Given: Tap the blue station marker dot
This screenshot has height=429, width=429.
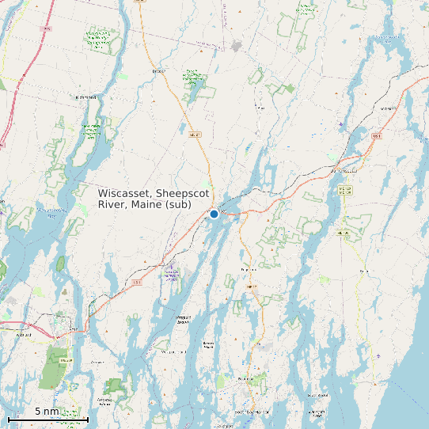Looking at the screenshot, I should point(214,214).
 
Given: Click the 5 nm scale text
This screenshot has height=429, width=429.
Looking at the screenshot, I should point(47,412).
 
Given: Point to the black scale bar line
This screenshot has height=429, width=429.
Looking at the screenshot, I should point(47,419).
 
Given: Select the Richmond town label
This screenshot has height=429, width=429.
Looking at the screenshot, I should point(85,97).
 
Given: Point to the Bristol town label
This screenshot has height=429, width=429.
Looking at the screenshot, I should point(364,271).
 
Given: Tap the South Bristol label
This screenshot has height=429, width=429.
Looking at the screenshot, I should point(317,394).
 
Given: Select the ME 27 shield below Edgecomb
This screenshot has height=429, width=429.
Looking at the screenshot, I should point(252,287).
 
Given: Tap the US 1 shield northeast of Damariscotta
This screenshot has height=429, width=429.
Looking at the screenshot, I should point(376,135).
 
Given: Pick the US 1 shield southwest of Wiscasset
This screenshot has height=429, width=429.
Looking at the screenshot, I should point(137,282).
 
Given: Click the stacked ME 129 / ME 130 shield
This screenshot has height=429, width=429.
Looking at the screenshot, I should point(344,191).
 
